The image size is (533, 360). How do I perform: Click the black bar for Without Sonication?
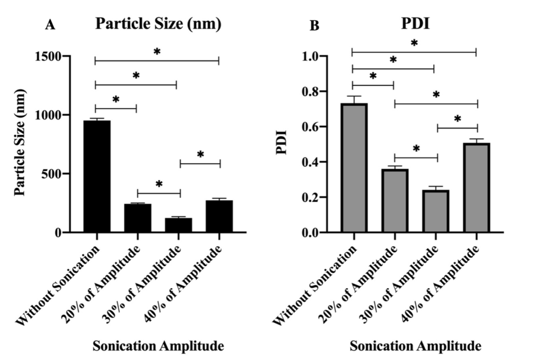(x=97, y=176)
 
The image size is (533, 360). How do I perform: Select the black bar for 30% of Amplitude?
(x=178, y=225)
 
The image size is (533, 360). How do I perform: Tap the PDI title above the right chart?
(x=415, y=24)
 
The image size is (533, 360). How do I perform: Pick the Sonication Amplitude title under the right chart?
(x=415, y=345)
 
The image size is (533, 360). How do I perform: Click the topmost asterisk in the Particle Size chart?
(x=157, y=52)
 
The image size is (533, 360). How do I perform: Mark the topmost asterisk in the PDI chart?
(x=414, y=44)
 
